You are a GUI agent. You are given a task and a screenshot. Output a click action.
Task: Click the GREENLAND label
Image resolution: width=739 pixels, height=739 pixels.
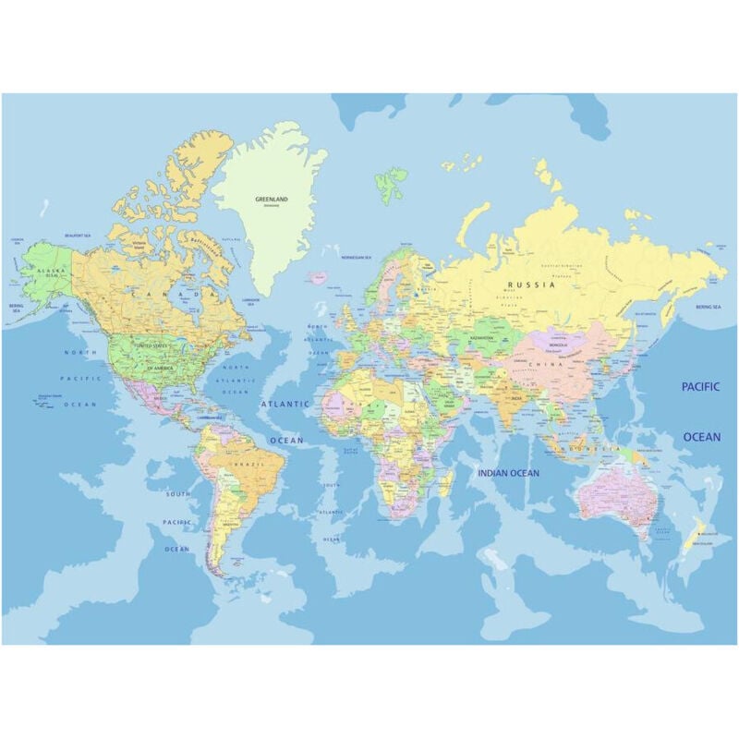tap(272, 199)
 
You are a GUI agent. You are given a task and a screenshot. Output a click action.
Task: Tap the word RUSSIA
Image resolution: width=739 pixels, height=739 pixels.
tap(536, 285)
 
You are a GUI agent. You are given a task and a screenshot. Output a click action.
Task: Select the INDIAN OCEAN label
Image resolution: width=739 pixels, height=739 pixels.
tap(508, 473)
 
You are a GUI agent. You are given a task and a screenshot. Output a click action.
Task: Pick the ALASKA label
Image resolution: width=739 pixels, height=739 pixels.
tap(47, 271)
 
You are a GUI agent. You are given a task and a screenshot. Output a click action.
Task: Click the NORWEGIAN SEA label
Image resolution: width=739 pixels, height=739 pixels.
tap(357, 258)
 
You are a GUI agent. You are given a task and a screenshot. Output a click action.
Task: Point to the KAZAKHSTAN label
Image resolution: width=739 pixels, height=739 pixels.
tap(481, 338)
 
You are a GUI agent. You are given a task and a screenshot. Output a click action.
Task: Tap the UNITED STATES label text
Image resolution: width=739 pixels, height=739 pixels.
tap(153, 345)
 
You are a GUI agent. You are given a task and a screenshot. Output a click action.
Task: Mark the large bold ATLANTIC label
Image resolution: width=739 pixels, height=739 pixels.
tap(285, 404)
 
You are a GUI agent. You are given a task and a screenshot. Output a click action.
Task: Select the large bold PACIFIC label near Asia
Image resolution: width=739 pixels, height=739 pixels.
tap(700, 387)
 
